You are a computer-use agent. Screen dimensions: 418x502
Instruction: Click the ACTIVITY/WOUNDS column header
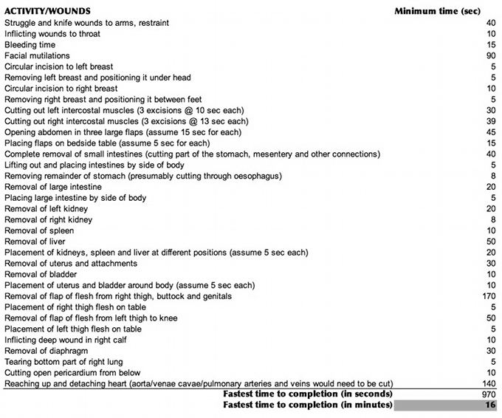[48, 11]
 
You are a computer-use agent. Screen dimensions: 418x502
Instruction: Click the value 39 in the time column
[491, 121]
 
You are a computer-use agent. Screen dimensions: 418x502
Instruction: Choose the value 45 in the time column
[491, 132]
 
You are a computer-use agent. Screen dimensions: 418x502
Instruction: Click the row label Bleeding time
[30, 44]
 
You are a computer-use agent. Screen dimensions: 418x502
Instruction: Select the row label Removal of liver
[35, 241]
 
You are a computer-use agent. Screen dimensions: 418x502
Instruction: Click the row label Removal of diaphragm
[46, 351]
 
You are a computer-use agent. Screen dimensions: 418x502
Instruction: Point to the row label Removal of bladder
[41, 274]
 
